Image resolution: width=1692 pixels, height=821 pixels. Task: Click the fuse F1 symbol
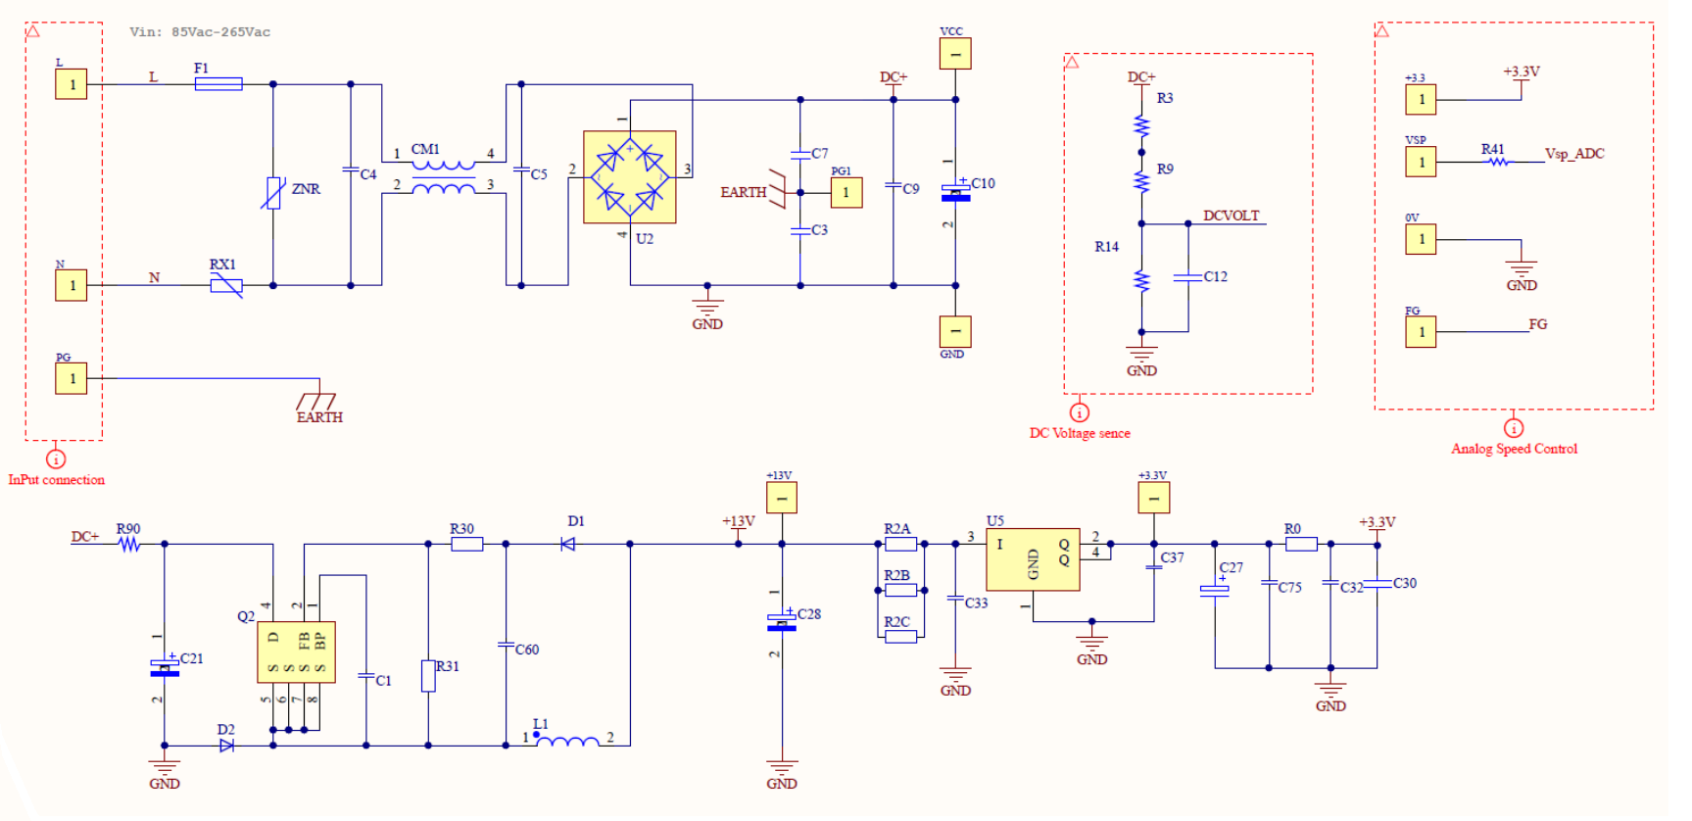(218, 84)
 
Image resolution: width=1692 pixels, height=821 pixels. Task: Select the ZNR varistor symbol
(273, 192)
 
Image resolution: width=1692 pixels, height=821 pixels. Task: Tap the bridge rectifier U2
(629, 177)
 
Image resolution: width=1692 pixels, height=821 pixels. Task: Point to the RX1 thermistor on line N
(226, 286)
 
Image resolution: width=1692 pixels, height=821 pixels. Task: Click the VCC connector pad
(955, 54)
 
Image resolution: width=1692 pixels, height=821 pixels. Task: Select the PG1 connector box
(846, 192)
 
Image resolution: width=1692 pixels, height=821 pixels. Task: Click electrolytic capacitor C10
(955, 193)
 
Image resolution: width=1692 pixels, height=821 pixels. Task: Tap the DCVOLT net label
(1232, 216)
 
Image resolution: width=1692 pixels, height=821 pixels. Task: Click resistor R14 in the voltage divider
(1141, 281)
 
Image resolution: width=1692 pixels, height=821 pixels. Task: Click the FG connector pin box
(1421, 332)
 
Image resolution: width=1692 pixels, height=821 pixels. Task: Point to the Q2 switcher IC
(296, 652)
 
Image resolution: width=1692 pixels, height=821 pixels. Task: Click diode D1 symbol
(568, 544)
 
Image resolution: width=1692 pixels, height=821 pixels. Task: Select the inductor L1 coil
(567, 743)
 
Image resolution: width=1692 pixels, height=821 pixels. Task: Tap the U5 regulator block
(1033, 559)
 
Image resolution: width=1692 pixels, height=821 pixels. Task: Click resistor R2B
(900, 590)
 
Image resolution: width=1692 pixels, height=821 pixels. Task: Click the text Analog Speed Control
(1514, 449)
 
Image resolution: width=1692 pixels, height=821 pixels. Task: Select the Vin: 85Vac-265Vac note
(200, 32)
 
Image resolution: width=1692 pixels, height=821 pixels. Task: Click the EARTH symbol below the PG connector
(317, 404)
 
